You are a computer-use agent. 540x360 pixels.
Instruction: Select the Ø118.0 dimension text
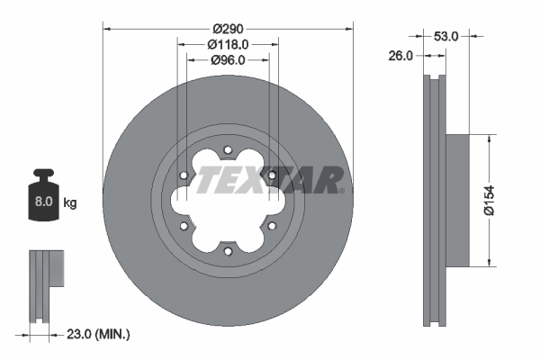228,44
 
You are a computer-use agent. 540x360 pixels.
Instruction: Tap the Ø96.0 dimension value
228,61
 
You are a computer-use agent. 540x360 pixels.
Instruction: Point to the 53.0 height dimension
447,36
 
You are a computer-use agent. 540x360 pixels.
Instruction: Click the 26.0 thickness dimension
401,55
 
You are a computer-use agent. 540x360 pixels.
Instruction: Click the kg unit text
70,203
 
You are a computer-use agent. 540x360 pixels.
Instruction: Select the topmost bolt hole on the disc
228,149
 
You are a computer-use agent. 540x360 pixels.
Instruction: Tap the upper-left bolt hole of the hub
184,175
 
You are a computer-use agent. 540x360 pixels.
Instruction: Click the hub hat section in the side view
457,201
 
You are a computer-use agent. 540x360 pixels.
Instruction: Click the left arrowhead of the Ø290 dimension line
108,29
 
